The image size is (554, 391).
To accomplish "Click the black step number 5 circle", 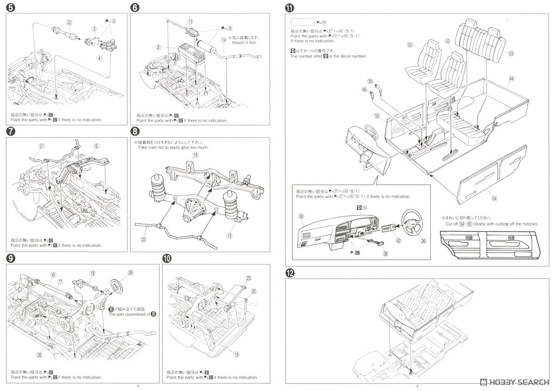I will click(9, 8).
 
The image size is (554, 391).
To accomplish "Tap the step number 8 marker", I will click(135, 131).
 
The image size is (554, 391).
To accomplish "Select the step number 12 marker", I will click(289, 273).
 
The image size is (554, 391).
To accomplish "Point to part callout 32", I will click(69, 22).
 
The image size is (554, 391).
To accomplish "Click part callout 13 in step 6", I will click(190, 22).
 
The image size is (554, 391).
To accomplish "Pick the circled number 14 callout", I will click(224, 40).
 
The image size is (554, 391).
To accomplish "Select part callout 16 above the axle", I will click(196, 156).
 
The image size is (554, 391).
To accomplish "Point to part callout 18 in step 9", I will click(92, 273).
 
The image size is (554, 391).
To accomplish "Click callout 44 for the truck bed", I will click(511, 78).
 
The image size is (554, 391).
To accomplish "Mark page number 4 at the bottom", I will click(138, 385).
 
